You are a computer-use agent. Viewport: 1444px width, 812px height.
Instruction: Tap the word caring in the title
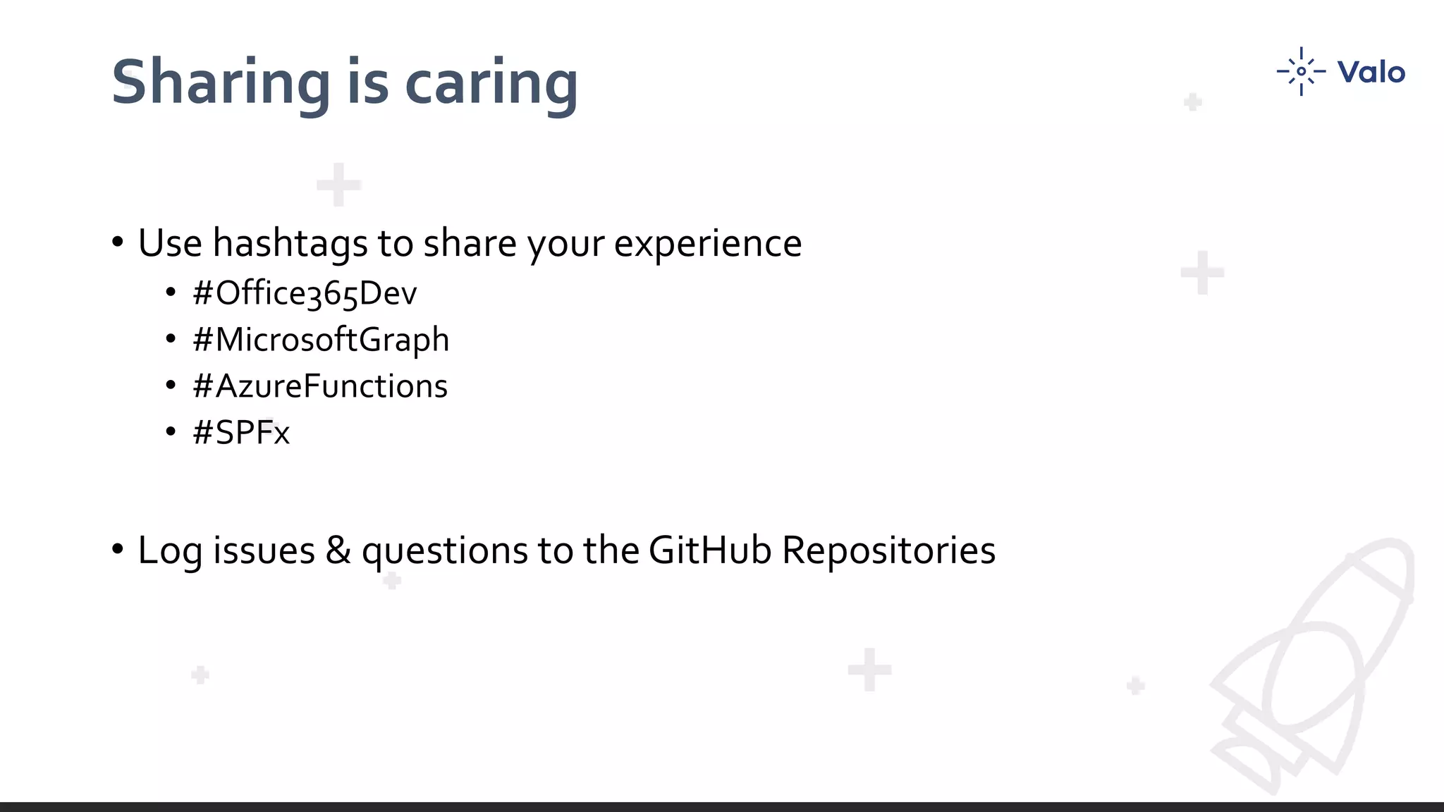pyautogui.click(x=491, y=83)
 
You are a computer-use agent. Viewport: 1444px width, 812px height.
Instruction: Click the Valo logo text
pyautogui.click(x=1371, y=72)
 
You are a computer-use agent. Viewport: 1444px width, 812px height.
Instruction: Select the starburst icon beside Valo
pyautogui.click(x=1301, y=71)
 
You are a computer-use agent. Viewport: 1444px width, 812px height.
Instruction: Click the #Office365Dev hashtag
pyautogui.click(x=305, y=293)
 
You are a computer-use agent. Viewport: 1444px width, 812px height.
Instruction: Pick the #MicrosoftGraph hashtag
pyautogui.click(x=321, y=340)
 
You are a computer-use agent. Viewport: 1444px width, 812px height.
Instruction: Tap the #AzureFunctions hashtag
pyautogui.click(x=320, y=386)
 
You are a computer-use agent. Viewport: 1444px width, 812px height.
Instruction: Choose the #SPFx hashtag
pyautogui.click(x=241, y=433)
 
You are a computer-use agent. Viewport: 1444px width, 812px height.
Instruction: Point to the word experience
pyautogui.click(x=708, y=244)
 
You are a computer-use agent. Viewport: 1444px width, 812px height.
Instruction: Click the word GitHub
pyautogui.click(x=709, y=550)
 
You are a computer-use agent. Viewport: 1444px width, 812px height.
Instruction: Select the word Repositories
pyautogui.click(x=888, y=550)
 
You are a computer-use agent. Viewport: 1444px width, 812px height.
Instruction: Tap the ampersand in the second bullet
pyautogui.click(x=338, y=550)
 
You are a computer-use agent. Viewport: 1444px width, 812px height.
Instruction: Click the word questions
pyautogui.click(x=444, y=551)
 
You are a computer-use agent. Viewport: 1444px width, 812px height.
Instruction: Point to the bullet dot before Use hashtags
pyautogui.click(x=118, y=242)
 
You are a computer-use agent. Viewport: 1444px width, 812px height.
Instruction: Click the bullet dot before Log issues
pyautogui.click(x=118, y=549)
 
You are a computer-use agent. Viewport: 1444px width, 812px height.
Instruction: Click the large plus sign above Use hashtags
pyautogui.click(x=339, y=185)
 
